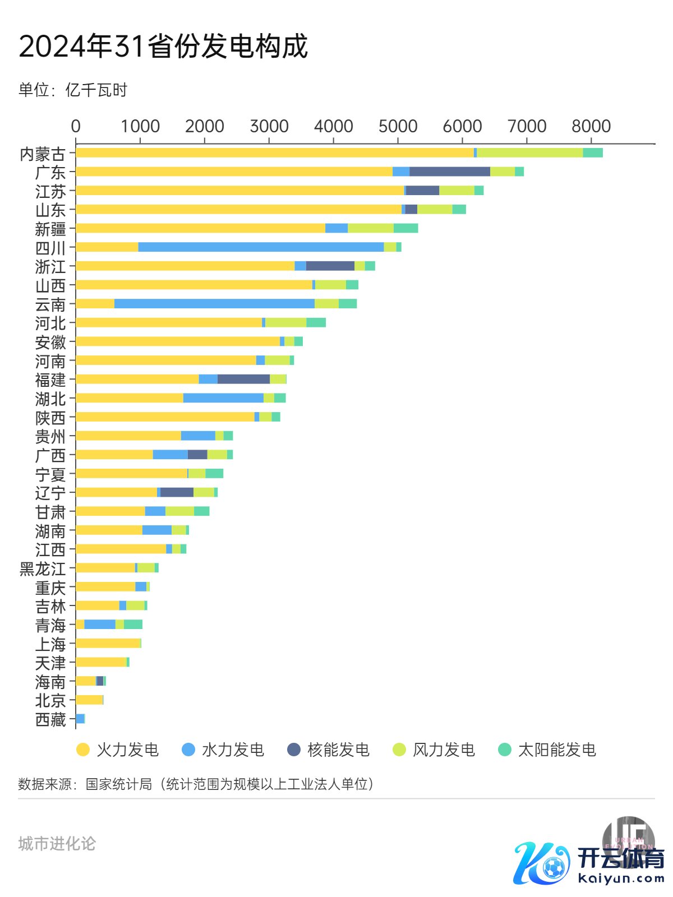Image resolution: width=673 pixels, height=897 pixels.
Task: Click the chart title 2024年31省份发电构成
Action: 163,46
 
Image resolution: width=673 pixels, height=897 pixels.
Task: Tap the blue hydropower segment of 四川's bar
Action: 261,247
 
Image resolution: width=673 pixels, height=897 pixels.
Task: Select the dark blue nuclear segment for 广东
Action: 449,172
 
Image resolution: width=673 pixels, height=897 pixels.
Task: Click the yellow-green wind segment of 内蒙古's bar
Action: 529,152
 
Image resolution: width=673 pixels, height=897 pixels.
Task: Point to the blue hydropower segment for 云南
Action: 214,303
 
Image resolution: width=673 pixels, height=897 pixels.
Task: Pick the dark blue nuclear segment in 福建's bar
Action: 243,379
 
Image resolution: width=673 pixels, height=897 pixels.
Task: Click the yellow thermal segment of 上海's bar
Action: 108,643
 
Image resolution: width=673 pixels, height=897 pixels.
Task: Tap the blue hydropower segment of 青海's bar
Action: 100,624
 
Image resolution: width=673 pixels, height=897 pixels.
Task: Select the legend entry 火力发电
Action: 118,750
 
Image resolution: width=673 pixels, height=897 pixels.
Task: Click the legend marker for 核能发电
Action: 294,750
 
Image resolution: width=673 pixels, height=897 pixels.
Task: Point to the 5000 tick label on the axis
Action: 398,126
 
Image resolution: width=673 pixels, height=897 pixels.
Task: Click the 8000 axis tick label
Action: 591,126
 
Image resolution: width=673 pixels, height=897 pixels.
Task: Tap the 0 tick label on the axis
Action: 76,126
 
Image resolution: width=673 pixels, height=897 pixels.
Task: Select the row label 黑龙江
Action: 43,568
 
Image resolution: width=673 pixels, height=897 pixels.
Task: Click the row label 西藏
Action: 50,719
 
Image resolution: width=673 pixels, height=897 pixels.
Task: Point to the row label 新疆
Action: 50,229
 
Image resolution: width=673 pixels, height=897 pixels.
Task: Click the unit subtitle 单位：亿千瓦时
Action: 73,90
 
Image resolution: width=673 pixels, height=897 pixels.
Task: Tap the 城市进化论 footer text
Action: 57,843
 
